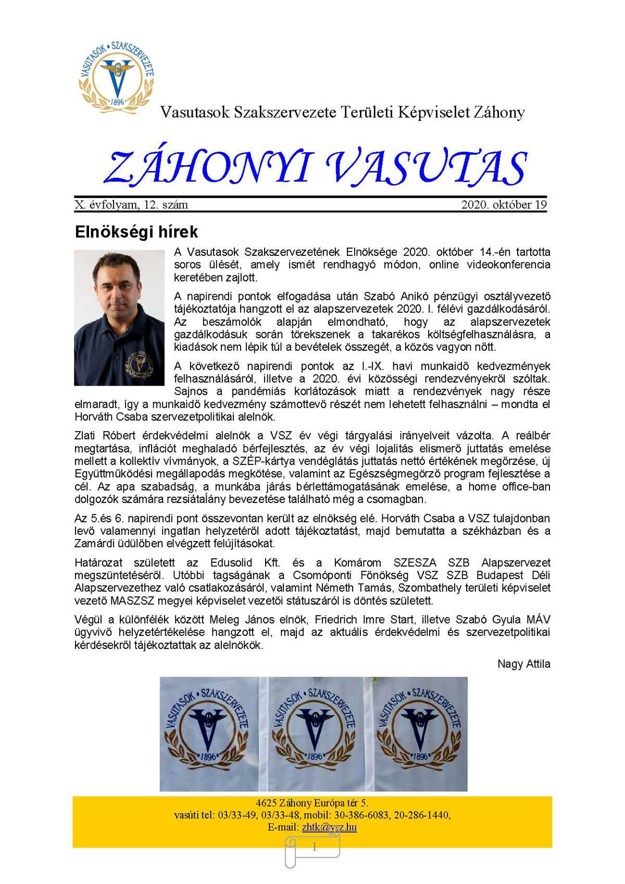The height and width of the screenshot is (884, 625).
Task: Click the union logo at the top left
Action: click(x=116, y=75)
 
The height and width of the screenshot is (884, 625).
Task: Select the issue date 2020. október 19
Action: click(x=504, y=205)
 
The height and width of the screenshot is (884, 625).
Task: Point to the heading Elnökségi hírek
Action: click(x=136, y=232)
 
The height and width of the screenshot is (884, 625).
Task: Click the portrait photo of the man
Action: click(x=119, y=317)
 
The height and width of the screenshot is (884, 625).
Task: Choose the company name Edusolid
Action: click(x=231, y=563)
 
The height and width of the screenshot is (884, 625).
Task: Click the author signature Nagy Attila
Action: click(x=523, y=664)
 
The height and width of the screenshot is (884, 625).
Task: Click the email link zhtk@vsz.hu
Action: click(x=329, y=827)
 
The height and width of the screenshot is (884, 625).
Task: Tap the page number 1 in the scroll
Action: click(x=314, y=848)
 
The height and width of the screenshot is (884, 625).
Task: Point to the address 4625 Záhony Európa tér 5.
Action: click(x=312, y=803)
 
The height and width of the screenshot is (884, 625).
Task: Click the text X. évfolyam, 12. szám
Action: click(x=131, y=205)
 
